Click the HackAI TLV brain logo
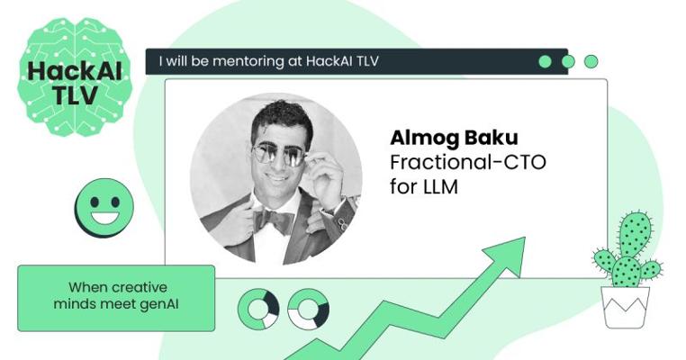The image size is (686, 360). [x=75, y=76]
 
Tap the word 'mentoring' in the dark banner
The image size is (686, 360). [x=248, y=61]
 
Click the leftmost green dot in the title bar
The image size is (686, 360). [x=545, y=62]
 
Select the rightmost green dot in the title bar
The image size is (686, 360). [x=591, y=62]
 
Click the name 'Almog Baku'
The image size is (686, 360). [x=454, y=138]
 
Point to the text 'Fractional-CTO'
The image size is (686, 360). [x=468, y=162]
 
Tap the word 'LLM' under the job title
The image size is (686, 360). [x=440, y=187]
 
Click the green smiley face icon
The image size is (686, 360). [x=104, y=207]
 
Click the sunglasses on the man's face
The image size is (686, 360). [x=278, y=155]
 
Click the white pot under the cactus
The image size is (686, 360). [x=625, y=307]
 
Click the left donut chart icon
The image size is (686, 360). [x=258, y=309]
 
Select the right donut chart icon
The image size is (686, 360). [x=309, y=309]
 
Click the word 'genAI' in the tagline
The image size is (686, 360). [x=159, y=304]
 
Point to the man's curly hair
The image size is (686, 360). [x=281, y=117]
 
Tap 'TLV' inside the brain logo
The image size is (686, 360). [x=76, y=94]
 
